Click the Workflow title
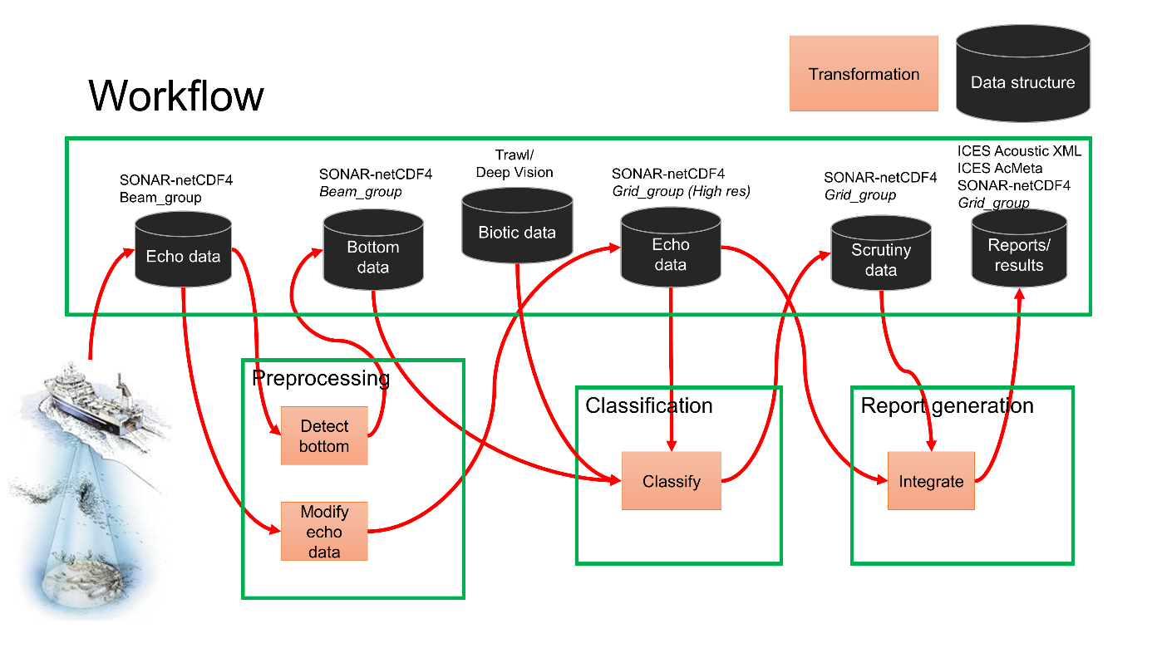pos(176,96)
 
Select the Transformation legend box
pos(864,74)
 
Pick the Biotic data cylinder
pos(516,226)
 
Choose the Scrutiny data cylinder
pos(881,255)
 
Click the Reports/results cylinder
pos(1019,250)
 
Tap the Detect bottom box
pos(324,436)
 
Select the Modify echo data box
pos(324,532)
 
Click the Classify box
pos(671,481)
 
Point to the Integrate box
pos(931,481)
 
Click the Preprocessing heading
pos(321,379)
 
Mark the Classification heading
pos(649,405)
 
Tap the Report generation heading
pos(947,405)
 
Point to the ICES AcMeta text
pos(999,168)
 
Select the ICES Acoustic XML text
pos(1019,151)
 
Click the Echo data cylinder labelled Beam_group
pos(183,251)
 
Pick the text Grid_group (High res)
pos(681,192)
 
